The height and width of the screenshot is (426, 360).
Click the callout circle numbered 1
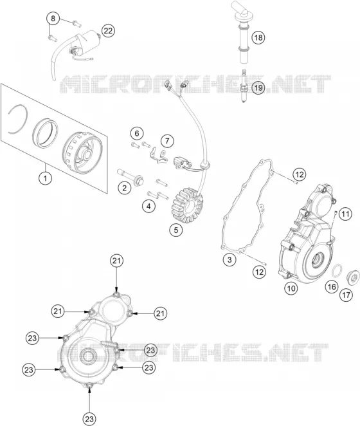(46, 178)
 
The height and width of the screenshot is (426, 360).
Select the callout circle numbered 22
(108, 31)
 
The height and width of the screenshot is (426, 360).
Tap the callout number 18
(258, 37)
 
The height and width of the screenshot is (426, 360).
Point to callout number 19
(258, 88)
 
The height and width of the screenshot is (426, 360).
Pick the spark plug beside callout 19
(245, 86)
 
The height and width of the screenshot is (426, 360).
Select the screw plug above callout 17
(353, 278)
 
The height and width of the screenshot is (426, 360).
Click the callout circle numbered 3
(230, 259)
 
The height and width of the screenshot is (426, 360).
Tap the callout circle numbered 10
(291, 288)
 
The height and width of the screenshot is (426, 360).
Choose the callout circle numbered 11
(345, 214)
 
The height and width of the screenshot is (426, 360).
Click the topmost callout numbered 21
(116, 261)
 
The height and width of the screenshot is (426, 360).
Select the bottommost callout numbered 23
(89, 419)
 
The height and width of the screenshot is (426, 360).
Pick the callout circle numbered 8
(53, 19)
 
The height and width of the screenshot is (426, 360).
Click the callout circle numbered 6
(137, 133)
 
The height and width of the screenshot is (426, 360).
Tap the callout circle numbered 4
(148, 206)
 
